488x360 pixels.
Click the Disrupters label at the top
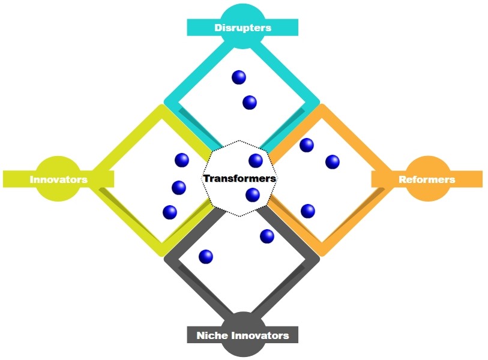(x=243, y=28)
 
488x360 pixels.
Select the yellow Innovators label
(x=58, y=179)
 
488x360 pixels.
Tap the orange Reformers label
(x=427, y=179)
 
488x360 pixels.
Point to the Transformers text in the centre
(x=239, y=178)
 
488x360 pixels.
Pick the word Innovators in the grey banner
(x=259, y=335)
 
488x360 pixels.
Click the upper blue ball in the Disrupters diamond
(x=239, y=77)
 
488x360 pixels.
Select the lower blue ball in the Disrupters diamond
(x=250, y=103)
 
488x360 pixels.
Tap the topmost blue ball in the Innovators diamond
(x=181, y=160)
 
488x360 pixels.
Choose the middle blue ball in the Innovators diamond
(x=179, y=188)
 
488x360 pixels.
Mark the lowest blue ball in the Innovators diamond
(x=170, y=212)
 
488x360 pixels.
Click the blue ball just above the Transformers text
(x=256, y=160)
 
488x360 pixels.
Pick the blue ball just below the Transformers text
(x=253, y=195)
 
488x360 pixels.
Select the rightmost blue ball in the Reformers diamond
(x=332, y=162)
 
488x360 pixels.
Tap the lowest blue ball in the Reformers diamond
(x=308, y=211)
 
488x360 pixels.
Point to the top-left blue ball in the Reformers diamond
(x=307, y=145)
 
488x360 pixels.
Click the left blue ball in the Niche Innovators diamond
(x=205, y=257)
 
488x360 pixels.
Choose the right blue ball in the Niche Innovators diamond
(x=267, y=236)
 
